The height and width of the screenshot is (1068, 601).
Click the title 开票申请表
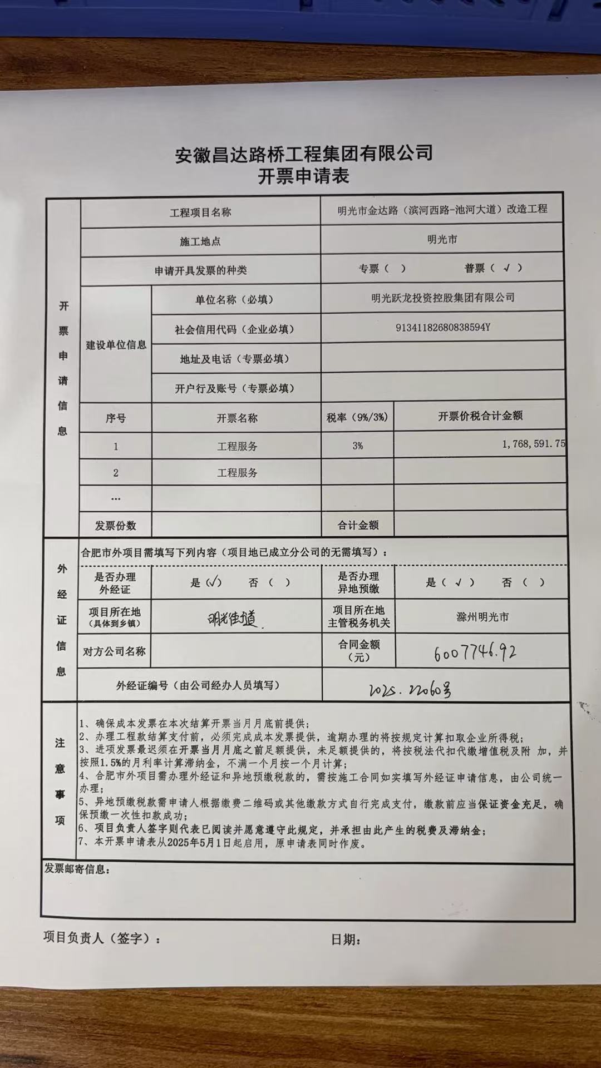(303, 176)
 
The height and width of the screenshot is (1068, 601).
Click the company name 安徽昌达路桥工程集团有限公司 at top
(304, 154)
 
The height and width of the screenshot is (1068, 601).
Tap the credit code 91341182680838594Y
(442, 327)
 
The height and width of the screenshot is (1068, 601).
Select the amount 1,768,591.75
(533, 444)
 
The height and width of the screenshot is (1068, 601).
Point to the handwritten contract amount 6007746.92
(475, 652)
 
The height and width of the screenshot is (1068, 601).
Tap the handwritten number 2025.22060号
(410, 690)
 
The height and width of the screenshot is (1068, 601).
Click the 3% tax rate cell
(357, 446)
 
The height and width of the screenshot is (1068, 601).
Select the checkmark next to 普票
(506, 268)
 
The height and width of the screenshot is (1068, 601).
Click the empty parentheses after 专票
(395, 269)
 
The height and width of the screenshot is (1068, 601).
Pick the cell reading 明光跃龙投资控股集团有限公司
(442, 298)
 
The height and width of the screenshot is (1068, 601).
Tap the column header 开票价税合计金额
(480, 416)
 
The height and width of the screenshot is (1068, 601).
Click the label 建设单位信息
(116, 345)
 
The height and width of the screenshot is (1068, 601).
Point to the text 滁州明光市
(482, 617)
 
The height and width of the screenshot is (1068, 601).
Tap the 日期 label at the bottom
(346, 940)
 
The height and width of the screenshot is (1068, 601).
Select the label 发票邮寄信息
(77, 869)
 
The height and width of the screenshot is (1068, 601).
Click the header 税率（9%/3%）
(357, 417)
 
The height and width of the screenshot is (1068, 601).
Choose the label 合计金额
(358, 525)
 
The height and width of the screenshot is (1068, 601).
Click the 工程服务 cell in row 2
(237, 473)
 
